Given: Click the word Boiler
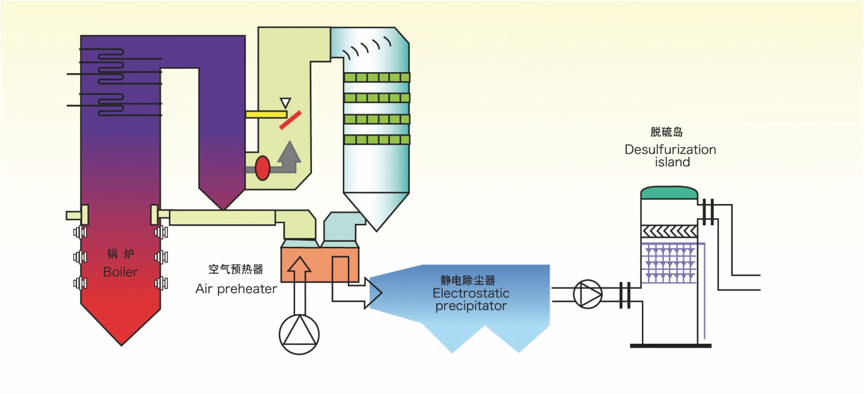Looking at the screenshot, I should point(120,272).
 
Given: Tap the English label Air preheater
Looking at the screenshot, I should point(236,289).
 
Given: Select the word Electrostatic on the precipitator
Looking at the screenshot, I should point(471,293).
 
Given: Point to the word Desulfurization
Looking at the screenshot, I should point(670,150).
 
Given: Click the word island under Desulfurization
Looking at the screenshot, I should point(672,162).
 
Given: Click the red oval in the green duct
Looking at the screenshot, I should point(262,168).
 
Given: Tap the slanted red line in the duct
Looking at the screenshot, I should point(290,120).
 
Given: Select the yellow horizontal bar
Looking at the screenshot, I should point(266,114).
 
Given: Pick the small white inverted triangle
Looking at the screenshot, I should point(285,103).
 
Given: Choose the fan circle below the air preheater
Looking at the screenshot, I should point(299,334).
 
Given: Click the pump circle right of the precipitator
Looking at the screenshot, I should point(587,295).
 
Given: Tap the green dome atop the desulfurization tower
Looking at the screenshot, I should point(669,193).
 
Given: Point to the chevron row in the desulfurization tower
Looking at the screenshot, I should point(669,231).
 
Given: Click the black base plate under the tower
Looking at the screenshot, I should point(670,346).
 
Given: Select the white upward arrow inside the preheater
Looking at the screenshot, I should point(299,279).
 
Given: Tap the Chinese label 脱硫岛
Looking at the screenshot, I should point(666,132).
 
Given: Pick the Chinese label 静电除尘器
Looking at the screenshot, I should point(468,280).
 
